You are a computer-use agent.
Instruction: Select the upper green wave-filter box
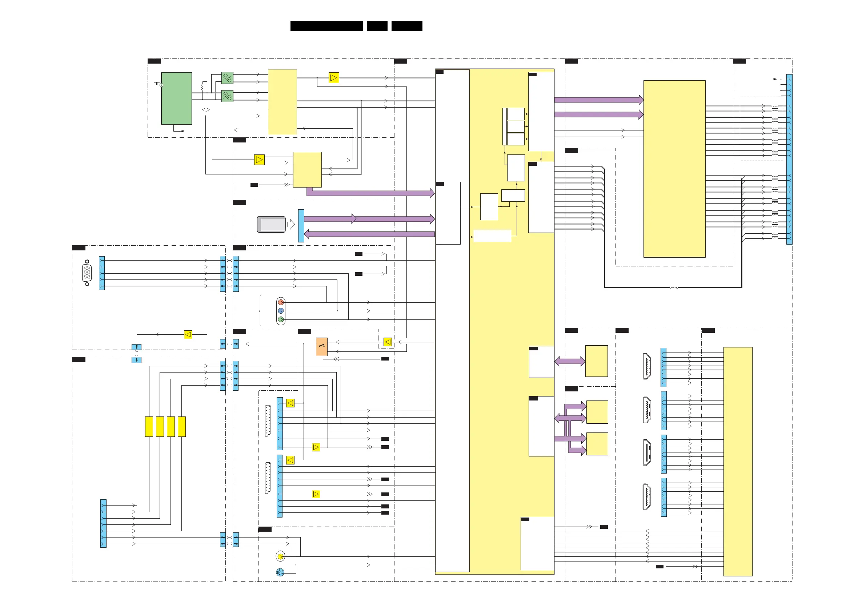pyautogui.click(x=227, y=78)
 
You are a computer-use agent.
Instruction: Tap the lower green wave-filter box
pyautogui.click(x=227, y=96)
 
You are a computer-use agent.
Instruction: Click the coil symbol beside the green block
pyautogui.click(x=204, y=87)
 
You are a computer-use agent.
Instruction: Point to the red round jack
pyautogui.click(x=281, y=302)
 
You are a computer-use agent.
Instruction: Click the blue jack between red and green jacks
pyautogui.click(x=281, y=311)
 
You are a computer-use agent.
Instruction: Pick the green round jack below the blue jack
pyautogui.click(x=281, y=319)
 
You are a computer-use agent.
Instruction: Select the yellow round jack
pyautogui.click(x=280, y=556)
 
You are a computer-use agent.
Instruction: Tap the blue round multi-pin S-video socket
pyautogui.click(x=280, y=572)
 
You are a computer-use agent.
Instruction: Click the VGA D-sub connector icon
pyautogui.click(x=87, y=273)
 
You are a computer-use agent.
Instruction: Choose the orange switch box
pyautogui.click(x=321, y=347)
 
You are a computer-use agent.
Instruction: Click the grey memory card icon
pyautogui.click(x=271, y=225)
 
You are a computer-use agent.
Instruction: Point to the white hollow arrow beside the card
pyautogui.click(x=291, y=225)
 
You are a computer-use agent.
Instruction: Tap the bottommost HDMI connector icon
pyautogui.click(x=646, y=496)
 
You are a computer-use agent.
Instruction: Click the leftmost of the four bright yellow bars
pyautogui.click(x=149, y=427)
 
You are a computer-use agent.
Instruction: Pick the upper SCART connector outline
pyautogui.click(x=268, y=421)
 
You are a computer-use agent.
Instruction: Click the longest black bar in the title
pyautogui.click(x=326, y=26)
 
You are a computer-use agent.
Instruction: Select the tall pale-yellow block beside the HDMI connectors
pyautogui.click(x=737, y=462)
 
